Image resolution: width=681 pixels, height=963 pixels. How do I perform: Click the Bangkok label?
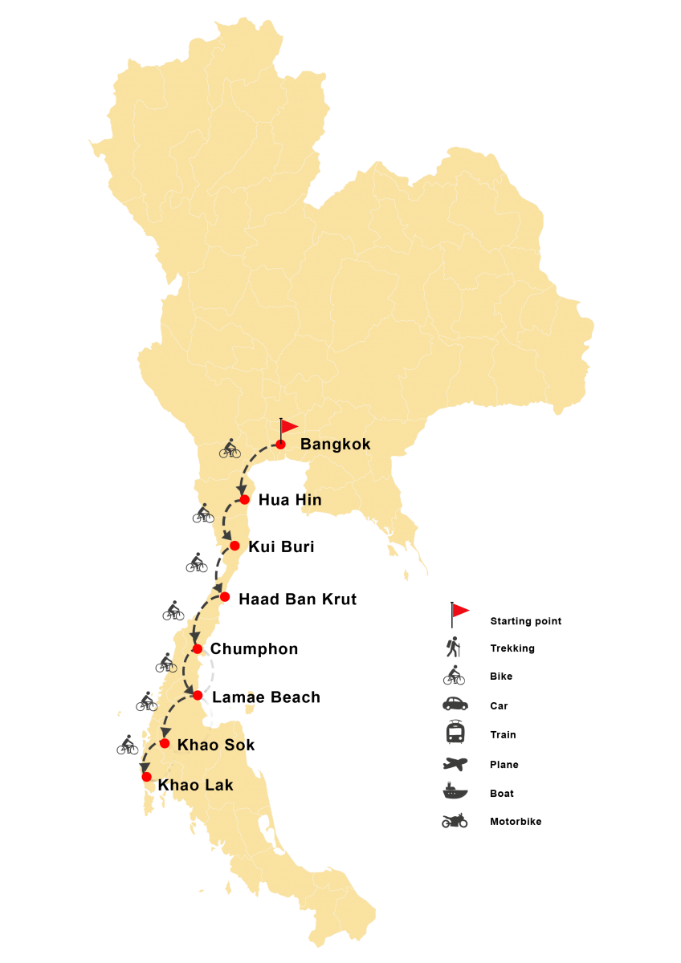tap(335, 445)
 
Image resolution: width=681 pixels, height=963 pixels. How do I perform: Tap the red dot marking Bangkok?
tap(280, 444)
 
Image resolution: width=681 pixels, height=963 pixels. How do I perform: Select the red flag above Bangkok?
tap(288, 426)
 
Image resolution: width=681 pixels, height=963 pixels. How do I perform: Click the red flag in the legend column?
tap(459, 612)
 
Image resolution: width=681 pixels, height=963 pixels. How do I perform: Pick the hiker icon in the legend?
tap(455, 646)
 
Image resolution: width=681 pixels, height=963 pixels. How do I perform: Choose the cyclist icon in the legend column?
tap(454, 676)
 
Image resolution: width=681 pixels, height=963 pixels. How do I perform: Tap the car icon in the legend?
tap(455, 705)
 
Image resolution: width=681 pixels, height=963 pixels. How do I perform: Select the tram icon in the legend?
tap(455, 733)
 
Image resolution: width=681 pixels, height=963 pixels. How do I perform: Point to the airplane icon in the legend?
tap(455, 763)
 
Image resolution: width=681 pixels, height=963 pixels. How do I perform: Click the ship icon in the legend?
tap(455, 791)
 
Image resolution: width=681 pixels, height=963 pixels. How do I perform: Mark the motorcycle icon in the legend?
tap(455, 820)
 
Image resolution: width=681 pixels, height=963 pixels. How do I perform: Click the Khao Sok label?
tap(210, 745)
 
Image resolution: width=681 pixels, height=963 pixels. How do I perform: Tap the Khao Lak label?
tap(197, 785)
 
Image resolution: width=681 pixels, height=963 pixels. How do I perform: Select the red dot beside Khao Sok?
tap(165, 743)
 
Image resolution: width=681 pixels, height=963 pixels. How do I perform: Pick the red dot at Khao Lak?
tap(146, 777)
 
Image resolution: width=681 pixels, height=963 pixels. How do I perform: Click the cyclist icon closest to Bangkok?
tap(230, 449)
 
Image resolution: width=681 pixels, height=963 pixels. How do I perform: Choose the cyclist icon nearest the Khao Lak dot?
tap(128, 746)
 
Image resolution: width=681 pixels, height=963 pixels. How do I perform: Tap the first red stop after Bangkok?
tap(244, 499)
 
